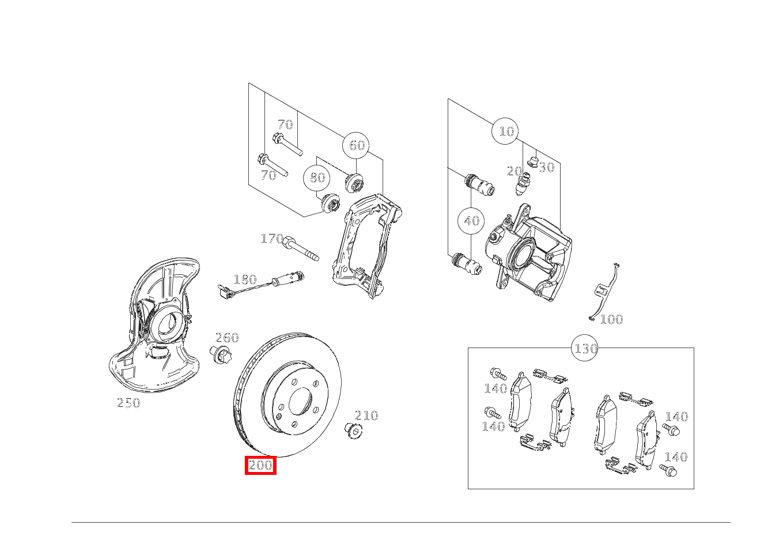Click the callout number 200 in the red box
click(260, 465)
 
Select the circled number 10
click(505, 131)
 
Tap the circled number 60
click(356, 145)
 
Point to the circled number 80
click(317, 178)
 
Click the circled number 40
click(471, 221)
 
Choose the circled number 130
click(585, 349)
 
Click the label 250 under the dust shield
click(128, 403)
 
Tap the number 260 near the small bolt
click(226, 338)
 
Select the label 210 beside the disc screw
click(366, 415)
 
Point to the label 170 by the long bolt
click(271, 239)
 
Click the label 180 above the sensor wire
click(244, 280)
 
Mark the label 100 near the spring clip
click(611, 319)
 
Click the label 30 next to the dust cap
click(546, 167)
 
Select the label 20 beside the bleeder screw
click(514, 171)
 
